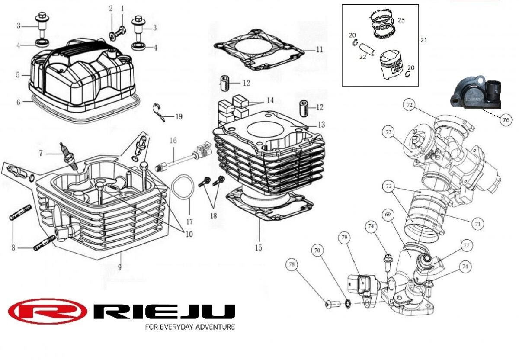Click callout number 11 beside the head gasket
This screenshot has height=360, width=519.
click(x=319, y=49)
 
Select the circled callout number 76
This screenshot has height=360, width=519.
click(x=506, y=121)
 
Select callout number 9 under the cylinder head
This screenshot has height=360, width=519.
click(x=120, y=267)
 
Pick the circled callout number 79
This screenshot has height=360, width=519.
click(x=344, y=238)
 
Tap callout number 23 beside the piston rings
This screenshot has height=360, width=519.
click(x=401, y=20)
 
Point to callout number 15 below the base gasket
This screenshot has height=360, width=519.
click(x=258, y=248)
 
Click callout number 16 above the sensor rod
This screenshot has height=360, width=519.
click(x=173, y=141)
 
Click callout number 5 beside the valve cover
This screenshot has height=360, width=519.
click(x=18, y=75)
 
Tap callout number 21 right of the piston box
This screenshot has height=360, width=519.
click(x=424, y=40)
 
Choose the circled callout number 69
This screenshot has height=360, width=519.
click(x=388, y=214)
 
